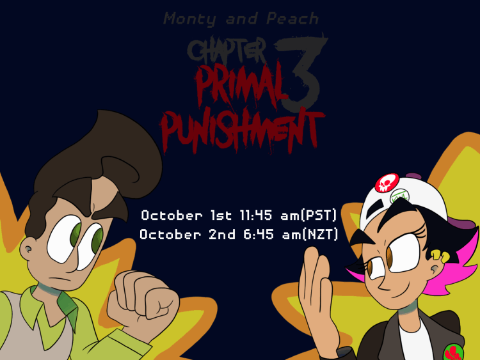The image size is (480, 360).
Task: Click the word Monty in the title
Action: (189, 19)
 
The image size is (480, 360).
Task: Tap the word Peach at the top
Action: (292, 19)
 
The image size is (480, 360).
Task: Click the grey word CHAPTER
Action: (227, 50)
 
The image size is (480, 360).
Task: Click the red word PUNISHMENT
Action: (242, 132)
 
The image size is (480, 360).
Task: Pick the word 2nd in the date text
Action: (222, 235)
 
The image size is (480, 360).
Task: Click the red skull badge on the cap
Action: (387, 183)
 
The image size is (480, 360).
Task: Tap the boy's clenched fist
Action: (143, 296)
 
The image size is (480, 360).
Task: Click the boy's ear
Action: (27, 248)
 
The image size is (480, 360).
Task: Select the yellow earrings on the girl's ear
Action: (440, 256)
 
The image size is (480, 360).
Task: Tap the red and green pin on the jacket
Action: (453, 352)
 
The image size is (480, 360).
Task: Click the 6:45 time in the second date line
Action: (258, 235)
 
